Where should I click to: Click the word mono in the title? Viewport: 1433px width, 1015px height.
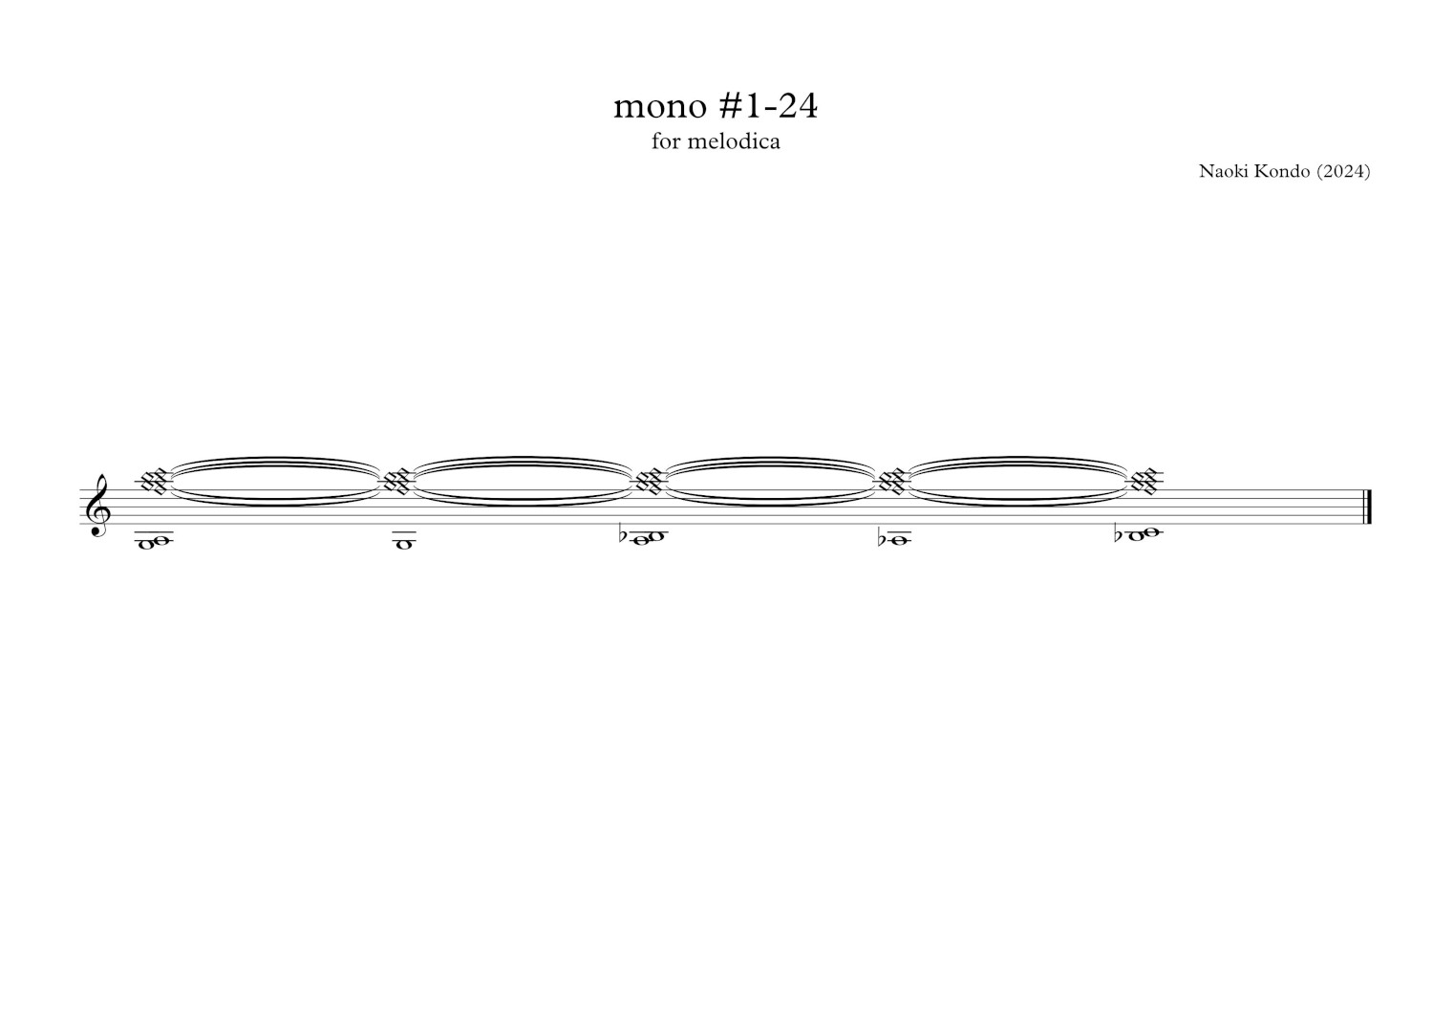click(x=661, y=107)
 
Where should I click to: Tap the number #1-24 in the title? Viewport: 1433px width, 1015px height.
click(x=768, y=105)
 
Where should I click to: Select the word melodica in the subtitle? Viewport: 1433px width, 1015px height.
click(x=733, y=140)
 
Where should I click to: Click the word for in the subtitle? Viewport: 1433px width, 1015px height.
click(x=666, y=140)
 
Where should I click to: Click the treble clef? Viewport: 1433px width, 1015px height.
click(x=99, y=506)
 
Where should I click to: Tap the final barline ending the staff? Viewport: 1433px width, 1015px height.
click(x=1367, y=507)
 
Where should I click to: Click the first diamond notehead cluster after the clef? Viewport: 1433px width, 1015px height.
click(x=154, y=482)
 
